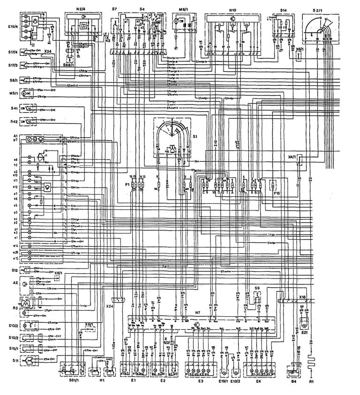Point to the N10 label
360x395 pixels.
click(232, 9)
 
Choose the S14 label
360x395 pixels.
click(284, 9)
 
